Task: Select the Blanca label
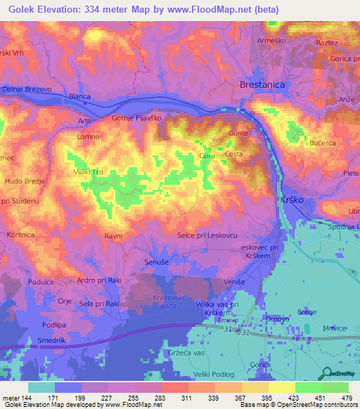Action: tap(81, 96)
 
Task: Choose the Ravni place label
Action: tap(114, 236)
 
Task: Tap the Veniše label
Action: tap(233, 281)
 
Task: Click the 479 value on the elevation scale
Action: tap(345, 398)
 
